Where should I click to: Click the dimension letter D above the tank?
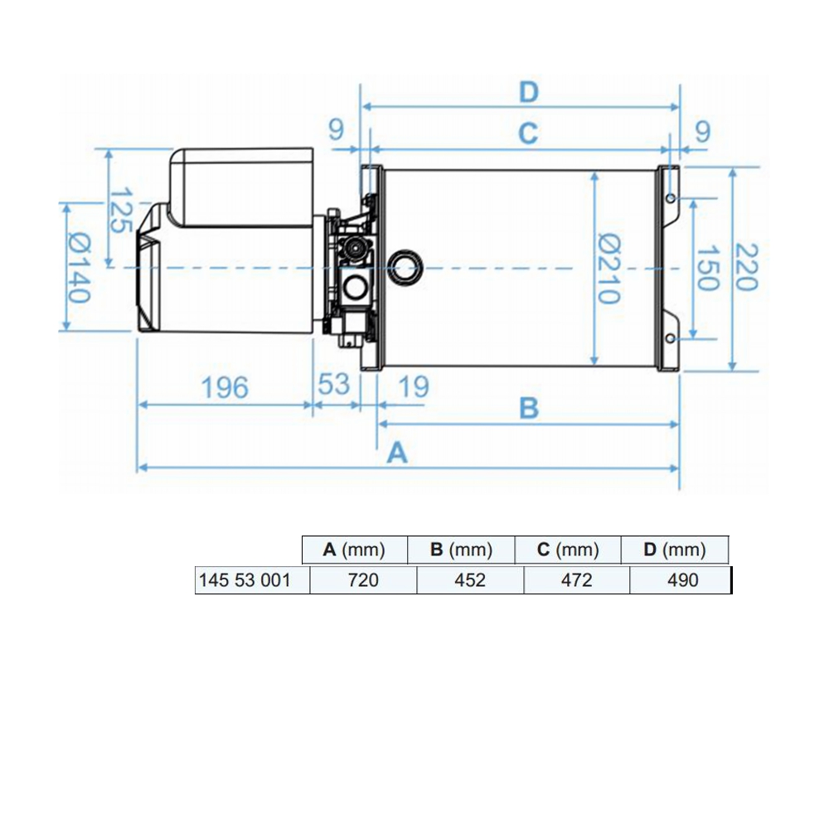point(529,92)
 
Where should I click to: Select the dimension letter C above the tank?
point(528,133)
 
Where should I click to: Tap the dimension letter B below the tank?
point(529,408)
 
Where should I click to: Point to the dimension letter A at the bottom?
point(398,453)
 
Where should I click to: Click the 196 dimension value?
point(225,387)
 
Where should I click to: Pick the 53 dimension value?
point(334,385)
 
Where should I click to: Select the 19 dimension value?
point(414,387)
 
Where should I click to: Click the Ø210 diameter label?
point(609,269)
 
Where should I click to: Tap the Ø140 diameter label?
point(80,268)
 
